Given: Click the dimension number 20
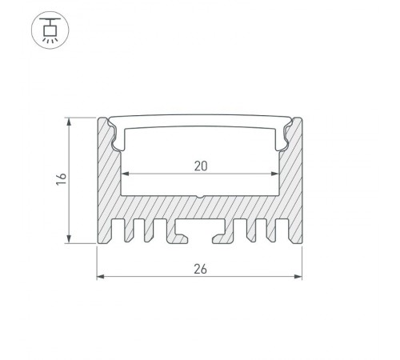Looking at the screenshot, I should click(x=200, y=166).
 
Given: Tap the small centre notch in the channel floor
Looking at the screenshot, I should click(x=200, y=196).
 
